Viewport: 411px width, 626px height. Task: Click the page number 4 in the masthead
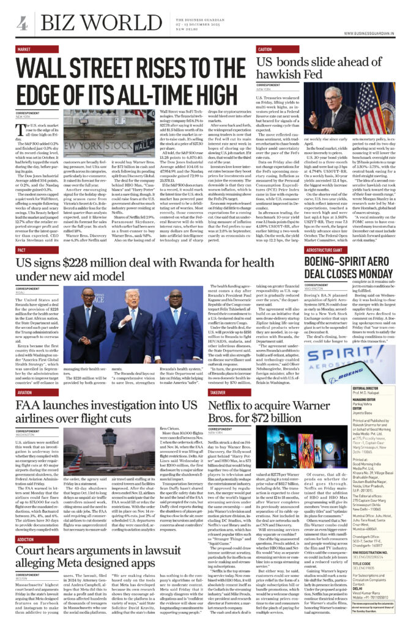point(22,23)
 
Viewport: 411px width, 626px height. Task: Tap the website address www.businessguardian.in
point(371,33)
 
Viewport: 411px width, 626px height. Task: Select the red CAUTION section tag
point(265,49)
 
